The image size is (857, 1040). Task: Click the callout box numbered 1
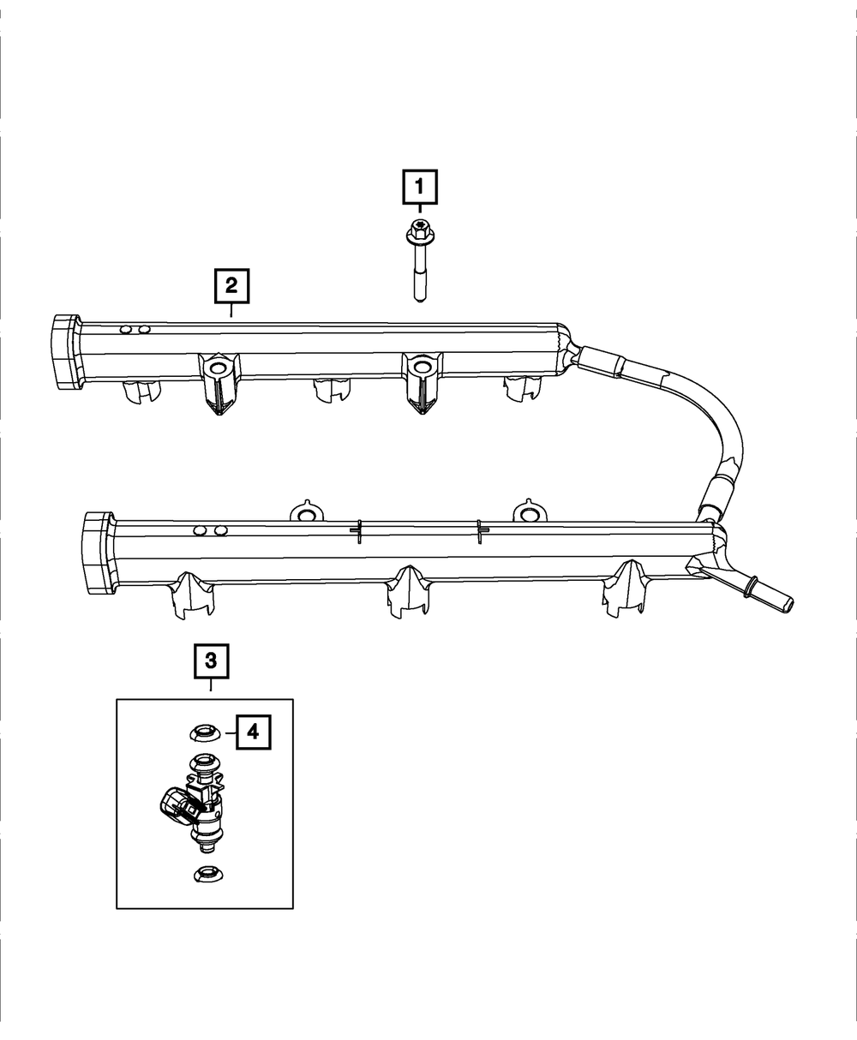(x=420, y=187)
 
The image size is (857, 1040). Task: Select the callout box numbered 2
(x=231, y=286)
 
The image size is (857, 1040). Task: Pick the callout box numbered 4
(x=253, y=732)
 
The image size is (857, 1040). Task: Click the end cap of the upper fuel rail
(x=63, y=352)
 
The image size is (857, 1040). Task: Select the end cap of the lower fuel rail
(x=96, y=553)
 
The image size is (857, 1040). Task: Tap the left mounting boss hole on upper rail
(x=217, y=368)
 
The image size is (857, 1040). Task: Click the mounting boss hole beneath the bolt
(x=420, y=368)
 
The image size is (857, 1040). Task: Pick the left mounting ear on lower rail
(x=306, y=513)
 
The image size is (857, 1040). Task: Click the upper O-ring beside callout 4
(x=204, y=732)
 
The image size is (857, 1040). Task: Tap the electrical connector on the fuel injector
(x=177, y=805)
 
